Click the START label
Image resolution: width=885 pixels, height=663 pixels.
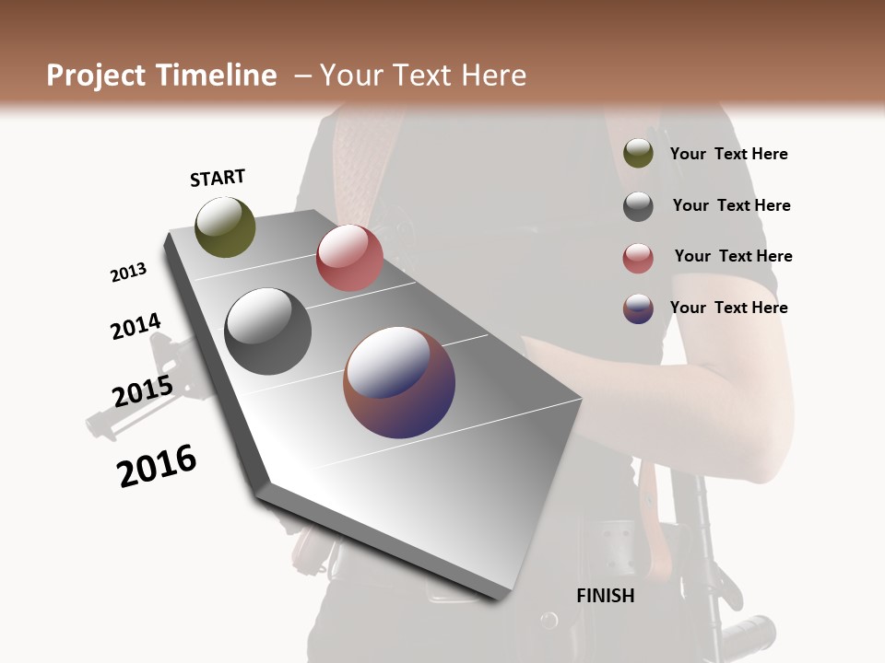click(218, 178)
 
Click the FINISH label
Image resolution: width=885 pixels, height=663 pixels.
click(605, 596)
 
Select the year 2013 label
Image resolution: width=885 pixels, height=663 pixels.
click(128, 273)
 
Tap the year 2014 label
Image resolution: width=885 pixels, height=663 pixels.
click(136, 327)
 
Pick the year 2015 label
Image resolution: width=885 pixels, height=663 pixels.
click(142, 391)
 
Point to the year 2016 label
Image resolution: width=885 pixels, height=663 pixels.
click(157, 466)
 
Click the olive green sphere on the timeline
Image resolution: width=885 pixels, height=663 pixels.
click(225, 227)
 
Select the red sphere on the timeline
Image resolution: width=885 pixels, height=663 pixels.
click(349, 258)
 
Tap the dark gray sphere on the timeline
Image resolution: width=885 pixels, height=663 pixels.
click(267, 331)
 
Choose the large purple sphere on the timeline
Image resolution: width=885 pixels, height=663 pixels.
click(399, 382)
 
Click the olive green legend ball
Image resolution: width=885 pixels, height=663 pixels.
click(638, 154)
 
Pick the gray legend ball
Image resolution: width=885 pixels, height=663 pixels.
click(638, 206)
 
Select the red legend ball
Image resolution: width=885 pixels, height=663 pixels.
click(638, 258)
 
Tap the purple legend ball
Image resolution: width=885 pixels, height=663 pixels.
click(638, 308)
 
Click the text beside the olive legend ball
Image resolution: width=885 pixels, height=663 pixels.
click(728, 155)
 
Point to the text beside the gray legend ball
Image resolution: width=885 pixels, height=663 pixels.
click(731, 205)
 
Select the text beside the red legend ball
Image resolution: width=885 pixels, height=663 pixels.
click(733, 256)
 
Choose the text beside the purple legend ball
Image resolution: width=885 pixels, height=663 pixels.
click(728, 308)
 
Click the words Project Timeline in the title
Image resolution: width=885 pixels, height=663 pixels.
click(161, 76)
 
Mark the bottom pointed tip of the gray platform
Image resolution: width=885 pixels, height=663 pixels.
click(499, 598)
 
